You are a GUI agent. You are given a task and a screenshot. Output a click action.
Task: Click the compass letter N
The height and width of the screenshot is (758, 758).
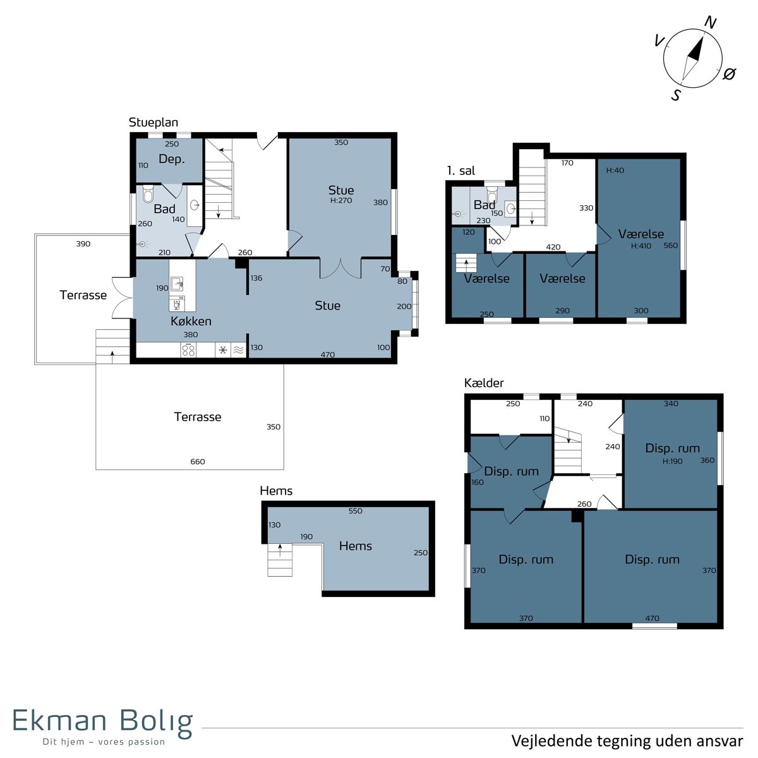click(x=709, y=22)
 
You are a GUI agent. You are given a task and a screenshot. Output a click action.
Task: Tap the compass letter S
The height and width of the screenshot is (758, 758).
click(x=676, y=95)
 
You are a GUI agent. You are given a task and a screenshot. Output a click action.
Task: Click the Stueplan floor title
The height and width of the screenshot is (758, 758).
click(x=153, y=123)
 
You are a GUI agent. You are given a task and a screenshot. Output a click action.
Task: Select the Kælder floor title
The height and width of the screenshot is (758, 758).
click(x=484, y=383)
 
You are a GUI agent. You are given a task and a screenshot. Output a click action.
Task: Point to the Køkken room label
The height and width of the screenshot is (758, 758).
click(x=191, y=321)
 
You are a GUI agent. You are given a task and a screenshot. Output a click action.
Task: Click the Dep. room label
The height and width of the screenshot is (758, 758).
click(x=172, y=159)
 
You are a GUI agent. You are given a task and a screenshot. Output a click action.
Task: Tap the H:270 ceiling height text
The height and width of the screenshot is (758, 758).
click(x=341, y=200)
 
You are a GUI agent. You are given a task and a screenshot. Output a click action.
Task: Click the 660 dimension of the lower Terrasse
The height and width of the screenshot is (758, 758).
click(x=198, y=461)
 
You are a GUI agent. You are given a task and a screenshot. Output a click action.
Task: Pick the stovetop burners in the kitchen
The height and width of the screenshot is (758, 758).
click(x=188, y=349)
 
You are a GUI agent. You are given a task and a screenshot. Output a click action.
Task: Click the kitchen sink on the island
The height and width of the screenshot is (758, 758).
click(x=177, y=284)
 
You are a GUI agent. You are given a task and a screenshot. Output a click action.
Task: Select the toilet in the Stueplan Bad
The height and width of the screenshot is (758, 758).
click(x=148, y=194)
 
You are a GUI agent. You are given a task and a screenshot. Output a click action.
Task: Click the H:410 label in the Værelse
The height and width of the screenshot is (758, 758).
click(x=641, y=246)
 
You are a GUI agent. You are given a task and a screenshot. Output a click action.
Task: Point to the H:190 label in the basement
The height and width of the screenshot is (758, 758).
click(x=672, y=461)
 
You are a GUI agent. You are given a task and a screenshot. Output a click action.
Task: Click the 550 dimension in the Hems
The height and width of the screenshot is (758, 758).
click(x=355, y=511)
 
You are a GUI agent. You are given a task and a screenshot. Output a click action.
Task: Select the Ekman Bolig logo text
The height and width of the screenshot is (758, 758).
click(x=103, y=721)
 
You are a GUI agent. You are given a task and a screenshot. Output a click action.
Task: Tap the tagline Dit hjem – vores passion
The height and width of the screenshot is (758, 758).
click(x=104, y=742)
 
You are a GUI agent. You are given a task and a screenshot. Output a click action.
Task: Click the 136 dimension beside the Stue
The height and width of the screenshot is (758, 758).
click(x=256, y=278)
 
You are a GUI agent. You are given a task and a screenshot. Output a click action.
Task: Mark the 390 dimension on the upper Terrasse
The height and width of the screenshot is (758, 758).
click(x=83, y=244)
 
